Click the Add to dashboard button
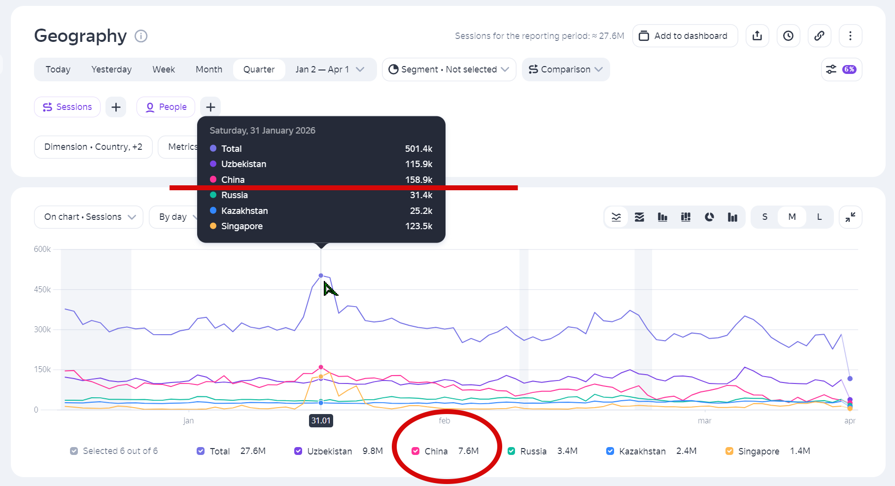[685, 36]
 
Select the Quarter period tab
[259, 69]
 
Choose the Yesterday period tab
[111, 69]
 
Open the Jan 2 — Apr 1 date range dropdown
[330, 69]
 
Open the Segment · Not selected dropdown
[448, 69]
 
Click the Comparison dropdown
[565, 69]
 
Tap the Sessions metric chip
[67, 107]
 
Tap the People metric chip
[166, 107]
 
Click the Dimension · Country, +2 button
[93, 147]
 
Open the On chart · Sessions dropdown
[89, 217]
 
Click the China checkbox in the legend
[415, 451]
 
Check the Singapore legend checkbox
[729, 451]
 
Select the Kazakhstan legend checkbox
[610, 451]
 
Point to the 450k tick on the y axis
[42, 290]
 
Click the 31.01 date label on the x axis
[321, 420]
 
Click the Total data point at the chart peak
[321, 276]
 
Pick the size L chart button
[819, 217]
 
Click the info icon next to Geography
[141, 36]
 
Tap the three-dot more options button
[850, 36]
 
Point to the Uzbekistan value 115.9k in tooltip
[418, 164]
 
